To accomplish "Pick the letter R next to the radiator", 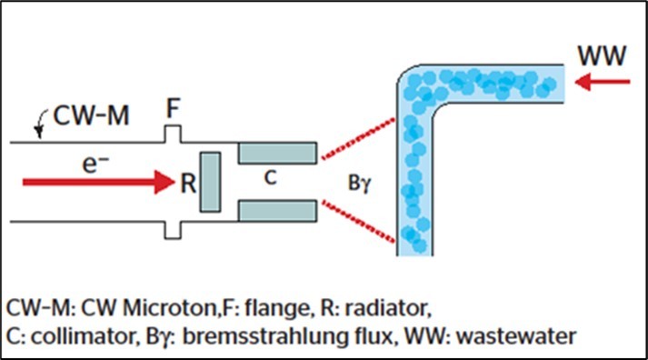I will click(188, 183).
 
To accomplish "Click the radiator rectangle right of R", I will click(210, 183).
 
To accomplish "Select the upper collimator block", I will click(277, 153).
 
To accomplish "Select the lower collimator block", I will click(277, 212).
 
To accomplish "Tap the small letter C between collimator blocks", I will click(270, 181).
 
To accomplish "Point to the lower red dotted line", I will click(358, 224).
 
